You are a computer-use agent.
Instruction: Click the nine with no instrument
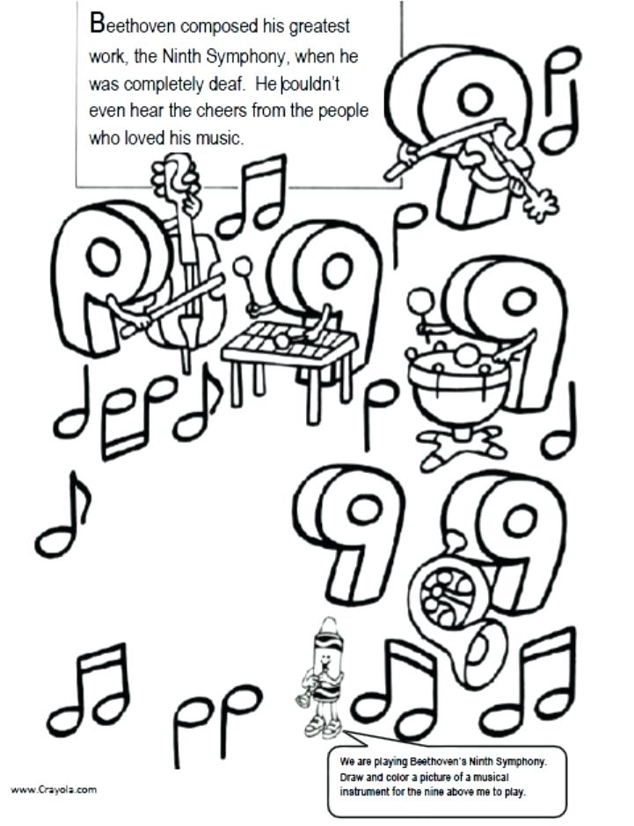(352, 536)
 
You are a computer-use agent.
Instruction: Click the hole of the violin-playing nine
(476, 99)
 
